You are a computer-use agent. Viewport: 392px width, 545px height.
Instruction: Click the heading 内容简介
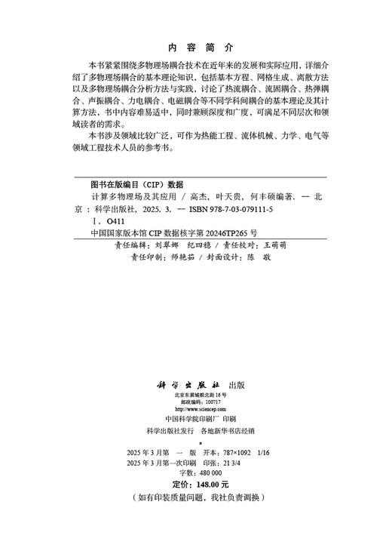pos(195,45)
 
